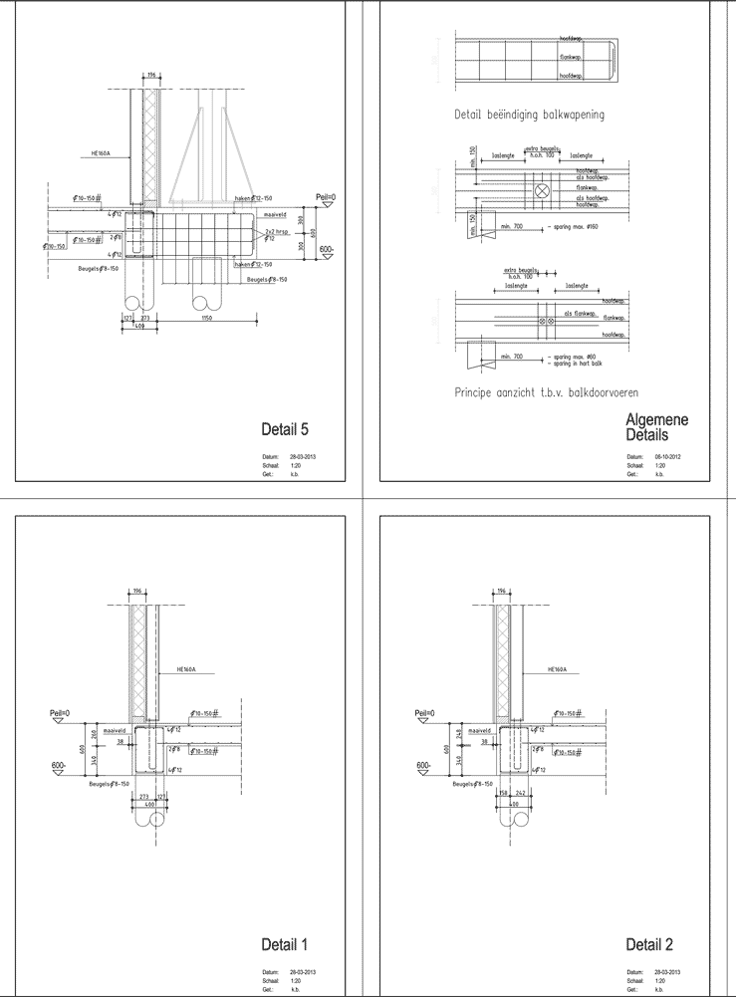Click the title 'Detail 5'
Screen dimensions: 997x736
(x=284, y=430)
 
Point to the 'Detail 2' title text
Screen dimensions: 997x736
(x=649, y=944)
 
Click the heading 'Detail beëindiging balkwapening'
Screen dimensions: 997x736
(x=529, y=115)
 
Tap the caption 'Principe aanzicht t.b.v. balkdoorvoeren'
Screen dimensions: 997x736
(x=546, y=392)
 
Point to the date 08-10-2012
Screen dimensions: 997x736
(x=666, y=455)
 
